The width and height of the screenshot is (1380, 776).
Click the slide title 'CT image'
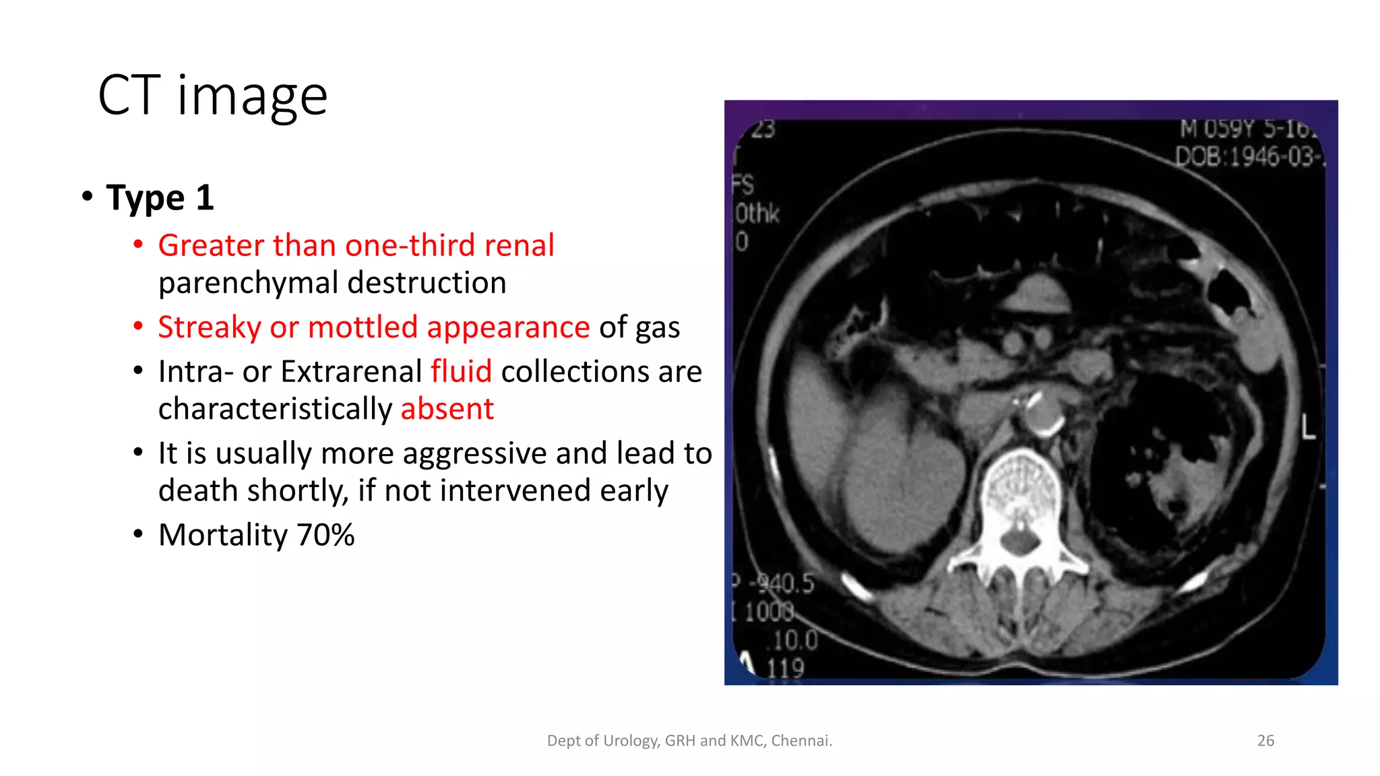coord(212,96)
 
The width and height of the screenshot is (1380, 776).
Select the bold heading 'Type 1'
coord(160,198)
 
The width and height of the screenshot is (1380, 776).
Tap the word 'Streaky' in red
coord(209,328)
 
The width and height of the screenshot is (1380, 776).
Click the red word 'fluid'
coord(461,372)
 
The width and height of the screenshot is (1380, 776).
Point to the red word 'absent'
coord(447,410)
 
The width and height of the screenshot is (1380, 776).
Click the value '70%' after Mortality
coord(325,536)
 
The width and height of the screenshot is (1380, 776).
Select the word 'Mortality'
coord(223,536)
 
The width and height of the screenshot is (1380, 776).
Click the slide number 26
coord(1265,741)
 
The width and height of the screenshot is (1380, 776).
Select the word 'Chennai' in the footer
coord(801,741)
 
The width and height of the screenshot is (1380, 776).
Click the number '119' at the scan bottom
coord(785,668)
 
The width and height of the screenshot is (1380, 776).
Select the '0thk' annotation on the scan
coord(757,214)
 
